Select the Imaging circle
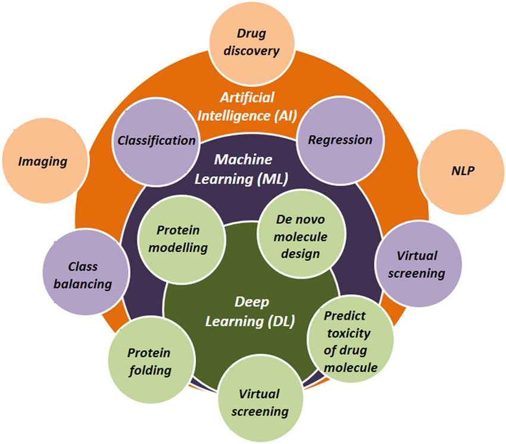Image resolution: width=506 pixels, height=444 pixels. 42,161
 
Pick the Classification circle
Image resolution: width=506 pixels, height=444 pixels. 157,140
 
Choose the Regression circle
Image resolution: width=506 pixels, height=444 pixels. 340,140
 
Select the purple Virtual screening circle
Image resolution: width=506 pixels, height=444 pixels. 420,264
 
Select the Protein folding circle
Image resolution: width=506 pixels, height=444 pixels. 149,361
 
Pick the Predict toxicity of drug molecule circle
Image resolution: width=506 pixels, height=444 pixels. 350,342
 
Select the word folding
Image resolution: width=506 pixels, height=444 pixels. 149,370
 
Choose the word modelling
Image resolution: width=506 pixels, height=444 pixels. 182,247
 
